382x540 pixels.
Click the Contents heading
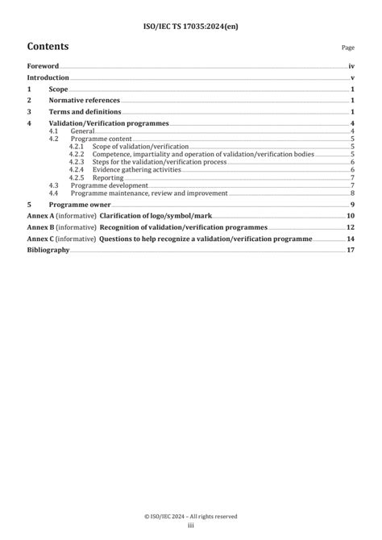[x=48, y=47]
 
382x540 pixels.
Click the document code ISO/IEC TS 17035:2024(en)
[x=191, y=26]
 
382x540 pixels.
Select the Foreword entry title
[x=43, y=66]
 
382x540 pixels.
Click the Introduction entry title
[x=48, y=77]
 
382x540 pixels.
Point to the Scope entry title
[x=58, y=89]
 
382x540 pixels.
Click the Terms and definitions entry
[x=85, y=112]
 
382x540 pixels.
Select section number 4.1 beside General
[x=53, y=131]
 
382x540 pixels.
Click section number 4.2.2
[x=77, y=154]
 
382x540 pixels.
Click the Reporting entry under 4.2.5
[x=108, y=178]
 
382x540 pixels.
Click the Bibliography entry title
[x=48, y=251]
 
